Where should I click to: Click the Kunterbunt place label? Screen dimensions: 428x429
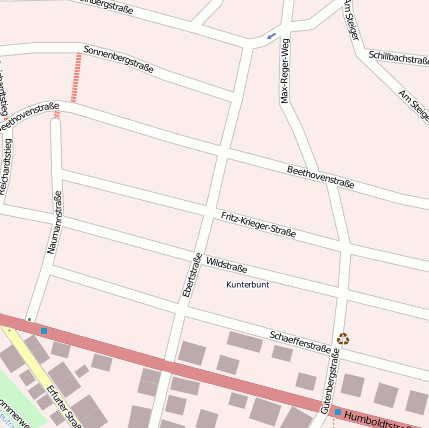click(x=248, y=285)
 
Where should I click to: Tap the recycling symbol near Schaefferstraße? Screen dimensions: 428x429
click(x=344, y=339)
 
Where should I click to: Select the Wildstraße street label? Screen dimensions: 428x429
click(x=226, y=265)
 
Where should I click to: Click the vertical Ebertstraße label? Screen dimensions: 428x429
click(x=186, y=275)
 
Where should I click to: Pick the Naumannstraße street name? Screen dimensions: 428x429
click(x=56, y=219)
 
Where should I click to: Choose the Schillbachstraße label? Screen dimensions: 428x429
click(x=399, y=60)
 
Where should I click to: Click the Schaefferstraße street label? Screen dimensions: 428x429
click(x=300, y=340)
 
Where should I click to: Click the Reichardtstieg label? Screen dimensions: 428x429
click(x=7, y=165)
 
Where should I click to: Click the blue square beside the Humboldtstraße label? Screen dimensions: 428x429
click(x=338, y=412)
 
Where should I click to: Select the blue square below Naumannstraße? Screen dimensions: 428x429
click(x=44, y=329)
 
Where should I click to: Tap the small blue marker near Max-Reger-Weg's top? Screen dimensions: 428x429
click(x=270, y=38)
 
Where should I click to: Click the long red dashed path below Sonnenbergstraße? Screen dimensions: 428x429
click(x=77, y=77)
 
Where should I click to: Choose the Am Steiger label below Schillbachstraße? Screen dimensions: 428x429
click(x=413, y=104)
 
